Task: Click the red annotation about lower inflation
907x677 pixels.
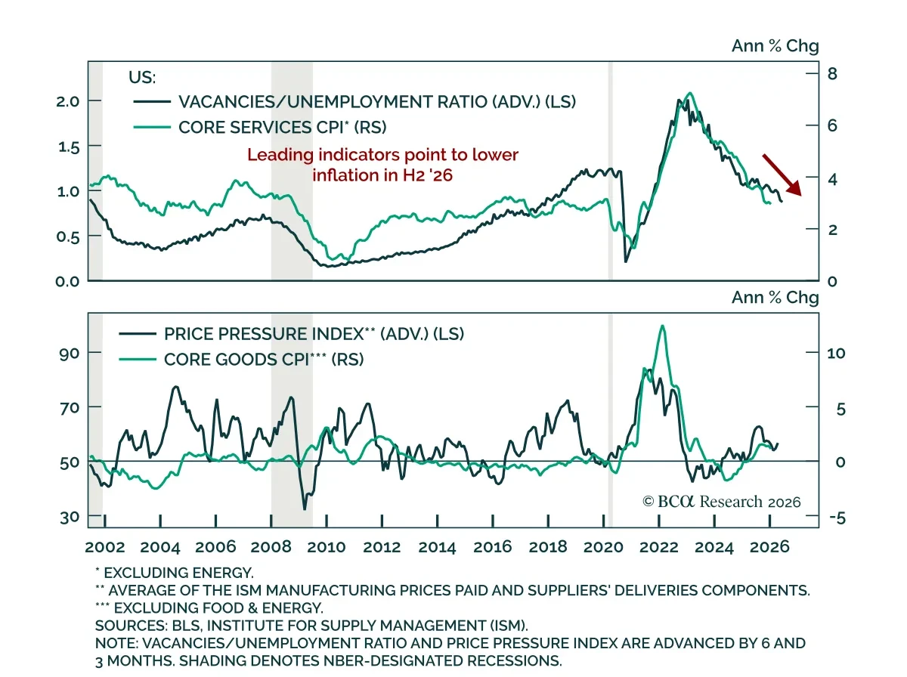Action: point(383,165)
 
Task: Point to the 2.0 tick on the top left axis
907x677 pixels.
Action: point(70,101)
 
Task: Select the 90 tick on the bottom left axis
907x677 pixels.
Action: point(70,353)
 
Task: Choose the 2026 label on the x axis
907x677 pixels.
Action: point(769,547)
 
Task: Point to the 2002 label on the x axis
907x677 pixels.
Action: point(104,547)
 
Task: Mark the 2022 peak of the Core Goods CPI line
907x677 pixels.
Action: point(663,326)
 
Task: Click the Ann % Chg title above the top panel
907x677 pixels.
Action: point(775,46)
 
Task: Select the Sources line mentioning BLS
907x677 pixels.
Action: point(321,626)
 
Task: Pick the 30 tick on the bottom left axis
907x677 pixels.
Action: point(70,517)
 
